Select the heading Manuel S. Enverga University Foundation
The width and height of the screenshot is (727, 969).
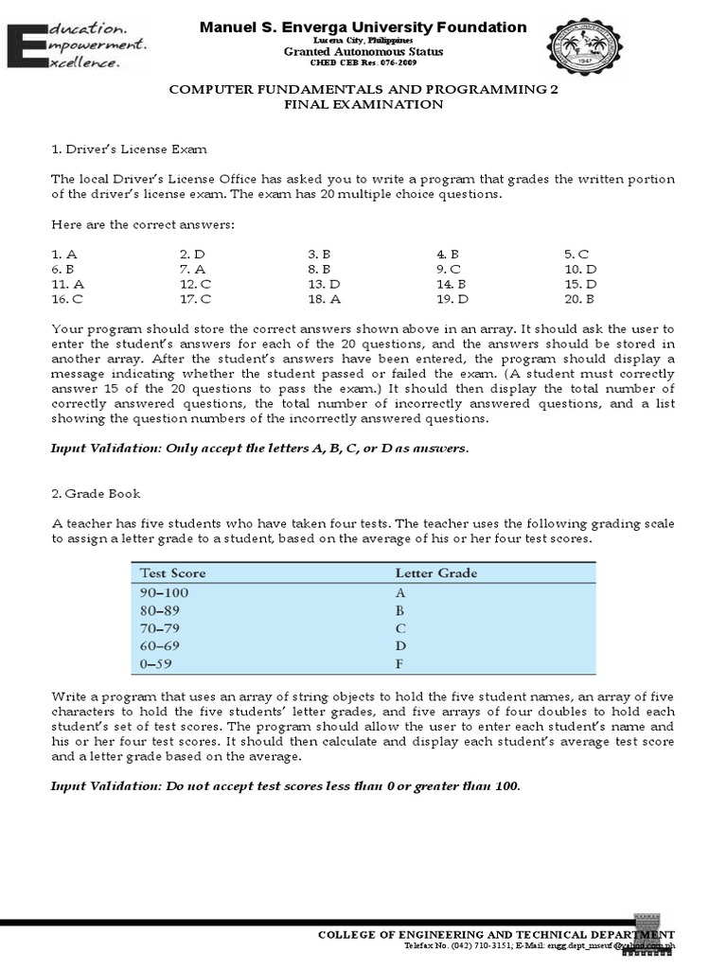[363, 27]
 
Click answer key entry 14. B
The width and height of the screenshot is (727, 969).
[451, 284]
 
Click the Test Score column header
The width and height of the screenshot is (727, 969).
[173, 573]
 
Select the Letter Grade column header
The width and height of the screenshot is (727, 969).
[435, 573]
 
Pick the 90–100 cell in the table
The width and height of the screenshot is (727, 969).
[165, 592]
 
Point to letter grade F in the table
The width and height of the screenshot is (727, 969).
[399, 664]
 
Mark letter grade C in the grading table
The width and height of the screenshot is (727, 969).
[400, 628]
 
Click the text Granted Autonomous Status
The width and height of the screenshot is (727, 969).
[363, 52]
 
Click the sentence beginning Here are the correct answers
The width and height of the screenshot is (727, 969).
[142, 224]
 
